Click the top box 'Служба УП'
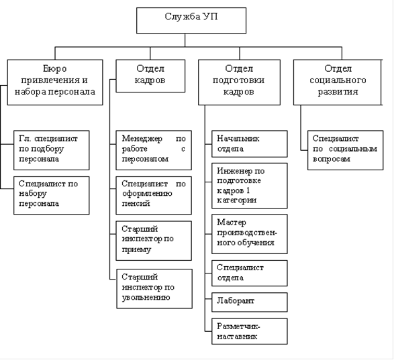click(x=191, y=20)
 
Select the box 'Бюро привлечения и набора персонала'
click(x=55, y=82)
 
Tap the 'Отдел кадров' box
click(x=150, y=76)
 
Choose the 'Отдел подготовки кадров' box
click(x=239, y=82)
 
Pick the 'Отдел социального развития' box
click(x=338, y=82)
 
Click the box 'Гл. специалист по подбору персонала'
click(x=52, y=150)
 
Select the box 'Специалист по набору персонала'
click(x=52, y=195)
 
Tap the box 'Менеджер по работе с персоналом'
click(x=154, y=150)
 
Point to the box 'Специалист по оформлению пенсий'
click(x=154, y=195)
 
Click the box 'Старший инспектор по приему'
click(x=154, y=241)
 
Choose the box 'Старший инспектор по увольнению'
click(x=154, y=289)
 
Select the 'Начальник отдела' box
click(x=250, y=144)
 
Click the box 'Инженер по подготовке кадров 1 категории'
click(x=250, y=186)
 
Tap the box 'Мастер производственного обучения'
click(x=250, y=234)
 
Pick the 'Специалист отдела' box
click(x=250, y=273)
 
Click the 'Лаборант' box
click(x=250, y=302)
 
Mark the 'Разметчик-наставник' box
click(x=250, y=331)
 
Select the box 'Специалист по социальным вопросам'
click(x=346, y=150)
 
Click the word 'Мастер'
click(x=232, y=223)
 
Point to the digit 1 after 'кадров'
click(x=248, y=191)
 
